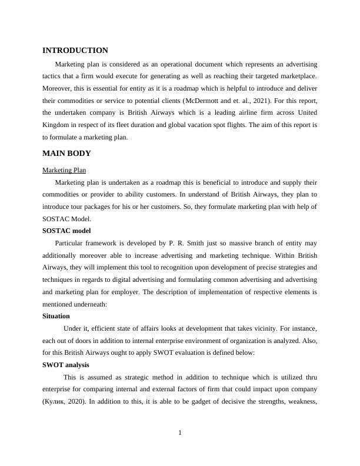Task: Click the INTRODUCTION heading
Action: (75, 51)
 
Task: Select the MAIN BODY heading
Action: (66, 154)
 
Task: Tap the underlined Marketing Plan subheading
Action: (64, 171)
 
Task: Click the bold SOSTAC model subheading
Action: (66, 231)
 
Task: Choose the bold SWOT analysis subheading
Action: (66, 365)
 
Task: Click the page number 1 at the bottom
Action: (180, 433)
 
